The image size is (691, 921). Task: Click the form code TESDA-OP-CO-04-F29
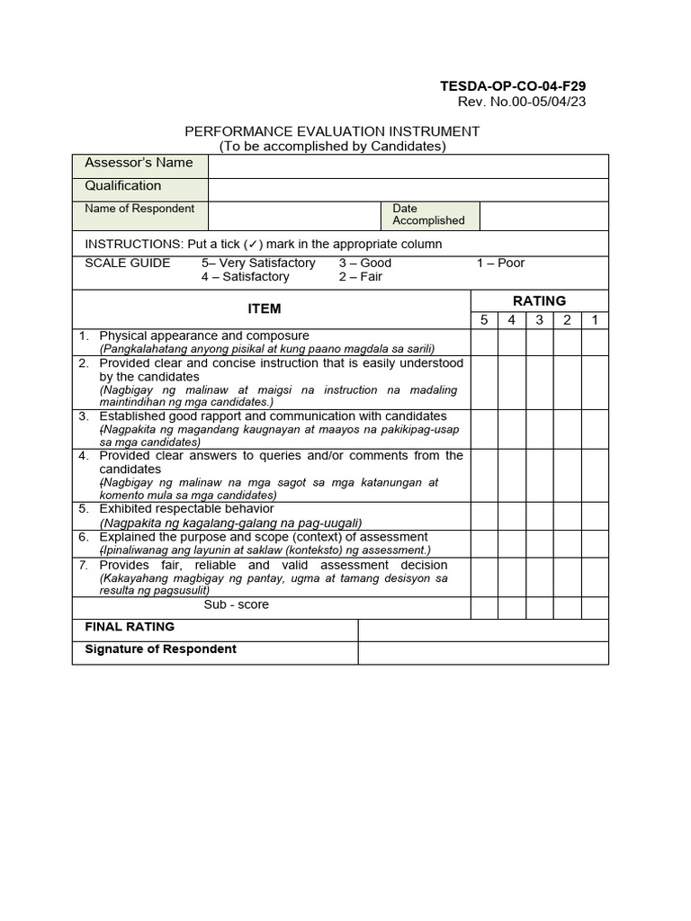513,86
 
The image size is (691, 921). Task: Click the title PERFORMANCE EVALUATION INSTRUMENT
332,131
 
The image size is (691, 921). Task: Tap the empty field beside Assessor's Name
408,166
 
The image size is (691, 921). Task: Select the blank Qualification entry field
408,190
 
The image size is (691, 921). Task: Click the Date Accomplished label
428,215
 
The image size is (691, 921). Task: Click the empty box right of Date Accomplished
543,216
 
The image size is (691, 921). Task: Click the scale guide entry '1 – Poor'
500,264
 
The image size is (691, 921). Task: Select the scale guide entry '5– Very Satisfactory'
258,264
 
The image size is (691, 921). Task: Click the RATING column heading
539,300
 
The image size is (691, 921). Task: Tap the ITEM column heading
265,308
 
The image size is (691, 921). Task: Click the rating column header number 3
540,320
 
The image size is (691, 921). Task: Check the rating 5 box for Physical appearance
484,342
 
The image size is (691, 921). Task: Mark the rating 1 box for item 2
595,382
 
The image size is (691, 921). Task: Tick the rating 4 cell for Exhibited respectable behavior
512,515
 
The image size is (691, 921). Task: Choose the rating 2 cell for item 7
567,577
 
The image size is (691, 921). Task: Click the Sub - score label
236,605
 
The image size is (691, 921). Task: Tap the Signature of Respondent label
160,649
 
